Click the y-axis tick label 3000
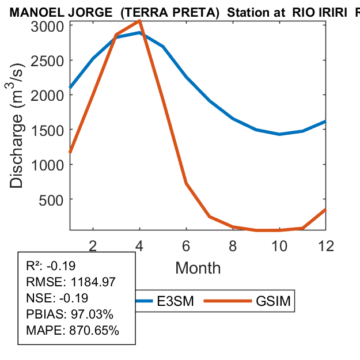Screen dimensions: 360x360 tap(48, 26)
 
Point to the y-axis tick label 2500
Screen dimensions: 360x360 tap(48, 60)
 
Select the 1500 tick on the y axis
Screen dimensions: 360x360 tap(48, 130)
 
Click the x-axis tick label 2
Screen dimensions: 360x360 tap(93, 245)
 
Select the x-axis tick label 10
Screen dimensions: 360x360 tap(279, 245)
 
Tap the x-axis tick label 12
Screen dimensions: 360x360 tap(326, 245)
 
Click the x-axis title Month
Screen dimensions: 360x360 tap(198, 268)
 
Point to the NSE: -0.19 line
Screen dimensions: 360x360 tap(55, 298)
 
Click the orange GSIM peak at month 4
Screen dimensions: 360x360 tap(139, 21)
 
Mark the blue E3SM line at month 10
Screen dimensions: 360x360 tap(279, 134)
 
